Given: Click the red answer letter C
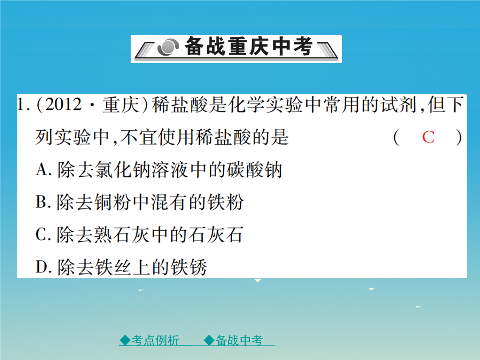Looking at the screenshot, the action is pos(428,137).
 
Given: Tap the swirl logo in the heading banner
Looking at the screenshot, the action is pos(168,47).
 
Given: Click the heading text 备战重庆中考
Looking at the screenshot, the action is pos(248,46).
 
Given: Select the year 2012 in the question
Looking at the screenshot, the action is pos(64,104).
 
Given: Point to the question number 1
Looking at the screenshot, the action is pos(21,104).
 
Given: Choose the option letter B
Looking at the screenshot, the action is pos(41,202).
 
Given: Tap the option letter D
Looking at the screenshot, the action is pos(41,267).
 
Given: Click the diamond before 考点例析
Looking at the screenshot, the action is pos(125,340).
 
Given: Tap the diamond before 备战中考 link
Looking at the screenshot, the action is pos(209,340).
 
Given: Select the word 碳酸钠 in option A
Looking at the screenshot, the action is pos(254,170).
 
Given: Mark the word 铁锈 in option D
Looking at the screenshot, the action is pos(188,267).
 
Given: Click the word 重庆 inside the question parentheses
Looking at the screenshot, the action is pos(121,105).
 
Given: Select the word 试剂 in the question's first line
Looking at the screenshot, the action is pos(399,105).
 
